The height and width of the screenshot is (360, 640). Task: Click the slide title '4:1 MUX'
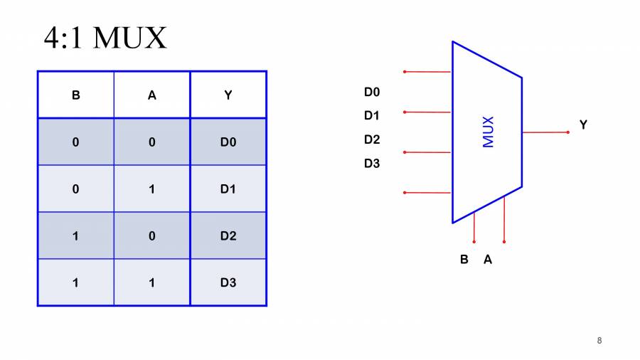tap(105, 38)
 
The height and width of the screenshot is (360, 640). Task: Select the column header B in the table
tap(76, 95)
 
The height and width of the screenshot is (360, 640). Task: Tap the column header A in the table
tap(151, 95)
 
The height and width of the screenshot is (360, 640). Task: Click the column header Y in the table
tap(228, 95)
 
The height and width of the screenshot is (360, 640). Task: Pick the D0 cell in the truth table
tap(228, 142)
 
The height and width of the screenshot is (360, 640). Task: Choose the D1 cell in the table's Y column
tap(228, 189)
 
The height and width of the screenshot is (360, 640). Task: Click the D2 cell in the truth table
tap(228, 235)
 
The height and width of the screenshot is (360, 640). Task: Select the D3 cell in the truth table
tap(228, 282)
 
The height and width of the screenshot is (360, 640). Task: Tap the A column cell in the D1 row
tap(151, 189)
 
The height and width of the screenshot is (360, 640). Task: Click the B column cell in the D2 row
tap(76, 235)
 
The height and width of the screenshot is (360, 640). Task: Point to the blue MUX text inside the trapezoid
tap(489, 132)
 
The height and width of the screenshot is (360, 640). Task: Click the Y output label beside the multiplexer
tap(583, 125)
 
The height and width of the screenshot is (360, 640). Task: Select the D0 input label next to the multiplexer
tap(372, 92)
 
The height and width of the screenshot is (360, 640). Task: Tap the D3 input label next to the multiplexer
tap(372, 164)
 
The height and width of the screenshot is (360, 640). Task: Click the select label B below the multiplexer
tap(464, 260)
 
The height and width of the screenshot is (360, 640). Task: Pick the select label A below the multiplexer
tap(488, 260)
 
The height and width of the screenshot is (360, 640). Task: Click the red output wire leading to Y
tap(545, 132)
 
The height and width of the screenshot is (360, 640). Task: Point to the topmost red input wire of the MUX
tap(427, 72)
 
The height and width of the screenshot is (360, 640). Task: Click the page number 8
tap(599, 341)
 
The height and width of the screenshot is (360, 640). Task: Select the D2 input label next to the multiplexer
tap(372, 139)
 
